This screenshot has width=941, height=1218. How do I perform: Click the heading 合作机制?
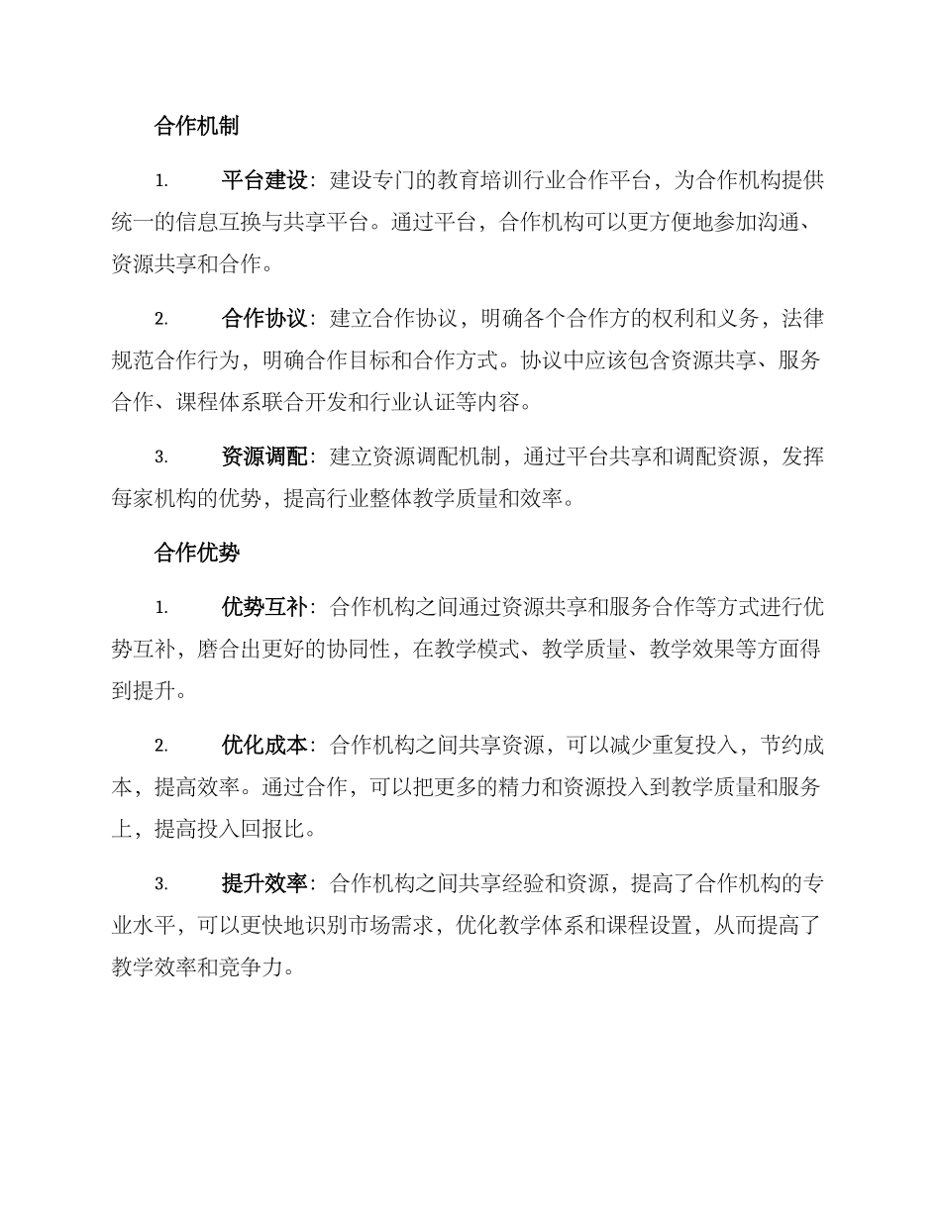[196, 127]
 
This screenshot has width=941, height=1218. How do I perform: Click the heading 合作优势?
[196, 553]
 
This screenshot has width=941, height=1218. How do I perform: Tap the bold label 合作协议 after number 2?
[264, 319]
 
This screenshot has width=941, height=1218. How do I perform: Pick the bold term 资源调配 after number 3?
[264, 457]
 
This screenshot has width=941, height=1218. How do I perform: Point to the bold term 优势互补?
[264, 607]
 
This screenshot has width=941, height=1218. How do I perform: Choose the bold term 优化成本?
[264, 745]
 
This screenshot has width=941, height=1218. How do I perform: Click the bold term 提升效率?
[264, 883]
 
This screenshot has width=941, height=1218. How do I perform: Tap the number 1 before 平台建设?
[160, 181]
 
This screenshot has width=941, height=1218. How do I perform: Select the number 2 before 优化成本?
[160, 746]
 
